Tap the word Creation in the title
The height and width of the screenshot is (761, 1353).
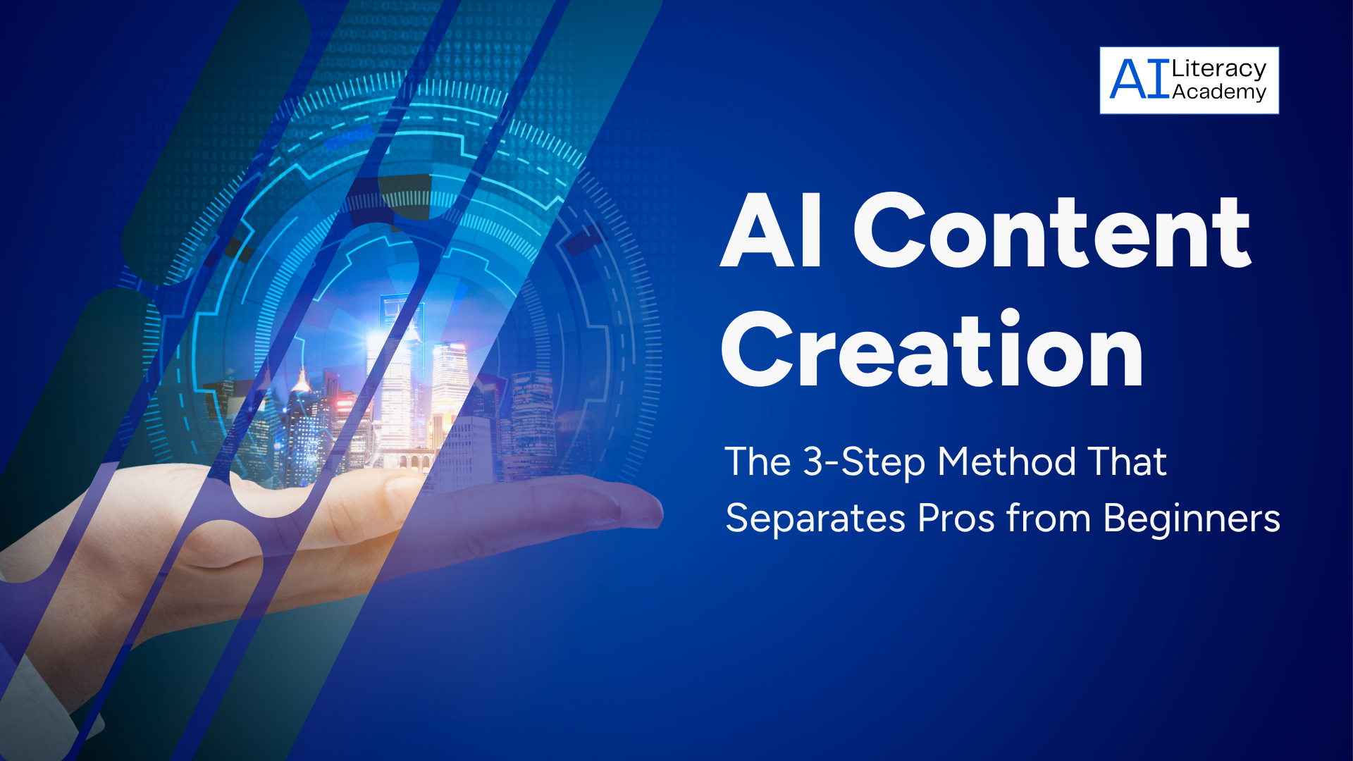click(x=932, y=349)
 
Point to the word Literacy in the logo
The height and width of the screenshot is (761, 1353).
click(x=1218, y=69)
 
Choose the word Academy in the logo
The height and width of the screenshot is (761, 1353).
click(x=1219, y=92)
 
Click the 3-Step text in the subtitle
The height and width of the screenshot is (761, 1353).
click(x=864, y=463)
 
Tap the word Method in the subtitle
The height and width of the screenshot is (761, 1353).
click(x=1006, y=462)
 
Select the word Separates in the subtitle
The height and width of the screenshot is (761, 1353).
click(x=815, y=519)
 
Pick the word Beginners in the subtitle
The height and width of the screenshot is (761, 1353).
click(x=1192, y=519)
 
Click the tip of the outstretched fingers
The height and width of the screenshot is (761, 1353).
click(x=660, y=511)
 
